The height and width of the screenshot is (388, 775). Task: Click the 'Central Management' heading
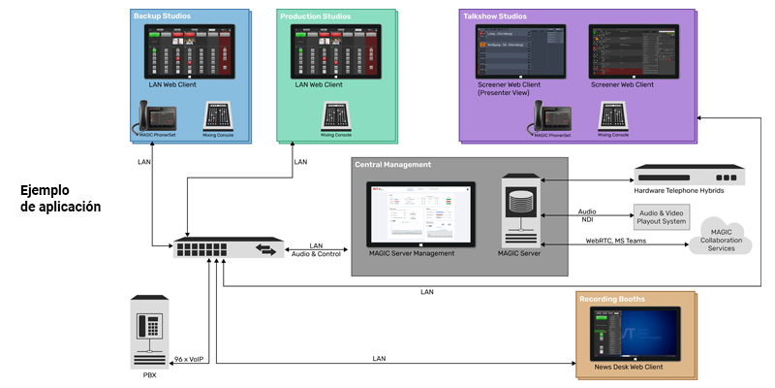point(392,165)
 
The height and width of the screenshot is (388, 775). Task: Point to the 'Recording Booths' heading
point(612,299)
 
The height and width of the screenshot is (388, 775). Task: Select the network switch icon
point(229,248)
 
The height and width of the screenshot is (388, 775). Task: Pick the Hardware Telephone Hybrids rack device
point(690,177)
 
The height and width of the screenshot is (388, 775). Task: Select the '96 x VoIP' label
point(189,359)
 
